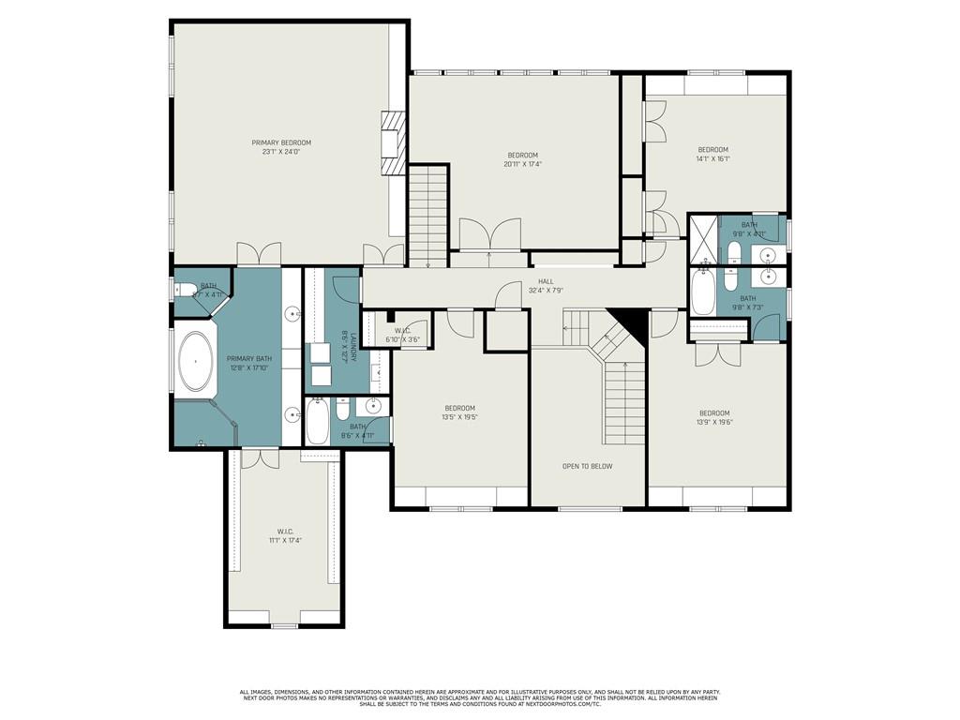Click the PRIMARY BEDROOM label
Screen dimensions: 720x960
281,142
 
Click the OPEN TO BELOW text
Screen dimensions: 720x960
587,466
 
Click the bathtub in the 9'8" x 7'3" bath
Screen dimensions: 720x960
703,292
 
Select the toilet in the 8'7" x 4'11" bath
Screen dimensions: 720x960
186,291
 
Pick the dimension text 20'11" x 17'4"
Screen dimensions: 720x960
523,164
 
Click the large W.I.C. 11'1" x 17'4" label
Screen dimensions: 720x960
286,536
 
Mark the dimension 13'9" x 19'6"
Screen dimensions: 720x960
714,423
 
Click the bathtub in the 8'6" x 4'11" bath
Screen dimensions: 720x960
318,423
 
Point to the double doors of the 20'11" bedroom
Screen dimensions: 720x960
488,233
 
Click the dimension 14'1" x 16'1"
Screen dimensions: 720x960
712,159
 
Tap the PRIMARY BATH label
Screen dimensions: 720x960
249,363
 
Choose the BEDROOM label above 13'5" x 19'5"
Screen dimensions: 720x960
459,408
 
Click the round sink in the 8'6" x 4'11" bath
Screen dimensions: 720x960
373,406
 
